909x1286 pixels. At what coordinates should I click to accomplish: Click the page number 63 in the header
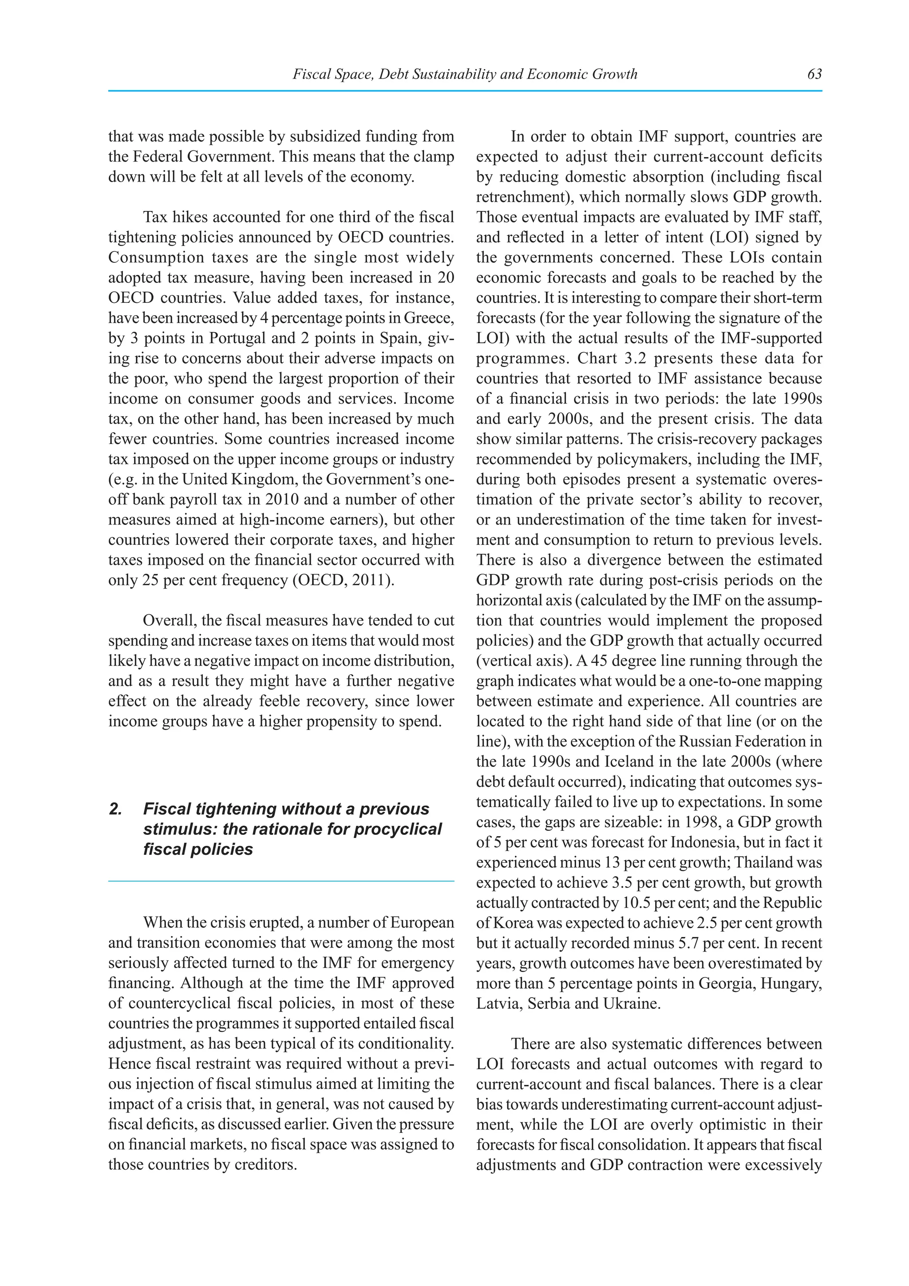click(x=814, y=74)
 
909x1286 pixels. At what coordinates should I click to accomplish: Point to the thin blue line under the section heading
click(x=281, y=881)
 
